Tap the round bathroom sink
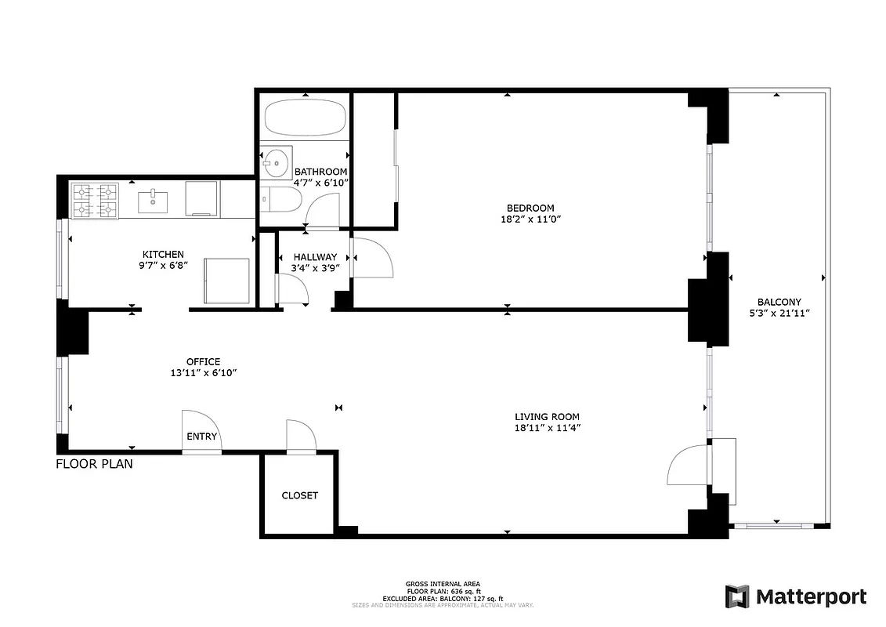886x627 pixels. pos(276,165)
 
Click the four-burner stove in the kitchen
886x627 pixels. pos(95,200)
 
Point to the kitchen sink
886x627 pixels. pos(153,201)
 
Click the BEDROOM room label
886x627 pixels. pos(530,208)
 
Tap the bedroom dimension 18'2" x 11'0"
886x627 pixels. pos(530,219)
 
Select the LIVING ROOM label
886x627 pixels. pos(547,417)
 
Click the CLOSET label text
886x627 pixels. pos(300,495)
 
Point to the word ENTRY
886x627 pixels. pos(201,437)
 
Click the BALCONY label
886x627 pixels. pos(779,302)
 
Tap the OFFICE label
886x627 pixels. pos(203,361)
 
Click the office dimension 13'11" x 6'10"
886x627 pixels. pos(203,373)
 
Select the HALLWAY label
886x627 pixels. pos(315,256)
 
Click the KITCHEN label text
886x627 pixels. pos(163,254)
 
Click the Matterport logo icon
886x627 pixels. pos(737,596)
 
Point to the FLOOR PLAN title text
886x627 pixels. pos(94,464)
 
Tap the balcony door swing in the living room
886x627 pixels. pos(685,466)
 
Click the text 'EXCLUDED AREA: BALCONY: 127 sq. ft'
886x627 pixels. pos(443,599)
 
